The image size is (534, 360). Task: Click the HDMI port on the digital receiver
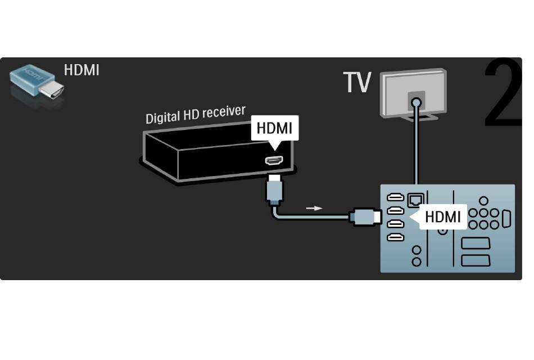(274, 160)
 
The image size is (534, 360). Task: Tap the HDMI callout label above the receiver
(274, 128)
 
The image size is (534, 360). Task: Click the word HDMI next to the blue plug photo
(82, 70)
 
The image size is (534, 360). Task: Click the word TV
(357, 82)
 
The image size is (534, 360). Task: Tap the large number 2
(503, 93)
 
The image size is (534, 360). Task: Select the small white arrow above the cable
(314, 208)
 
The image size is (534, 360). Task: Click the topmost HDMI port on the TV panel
(395, 197)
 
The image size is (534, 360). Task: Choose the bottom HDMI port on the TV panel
(395, 237)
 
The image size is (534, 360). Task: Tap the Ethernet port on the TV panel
(415, 200)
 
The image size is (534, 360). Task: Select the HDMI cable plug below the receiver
(274, 190)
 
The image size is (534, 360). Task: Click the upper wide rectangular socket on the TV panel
(476, 244)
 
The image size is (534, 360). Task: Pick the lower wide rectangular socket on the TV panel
(476, 260)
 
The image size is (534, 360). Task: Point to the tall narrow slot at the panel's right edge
(506, 219)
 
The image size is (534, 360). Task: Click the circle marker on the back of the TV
(416, 102)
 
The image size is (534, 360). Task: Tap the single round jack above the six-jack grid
(483, 201)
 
